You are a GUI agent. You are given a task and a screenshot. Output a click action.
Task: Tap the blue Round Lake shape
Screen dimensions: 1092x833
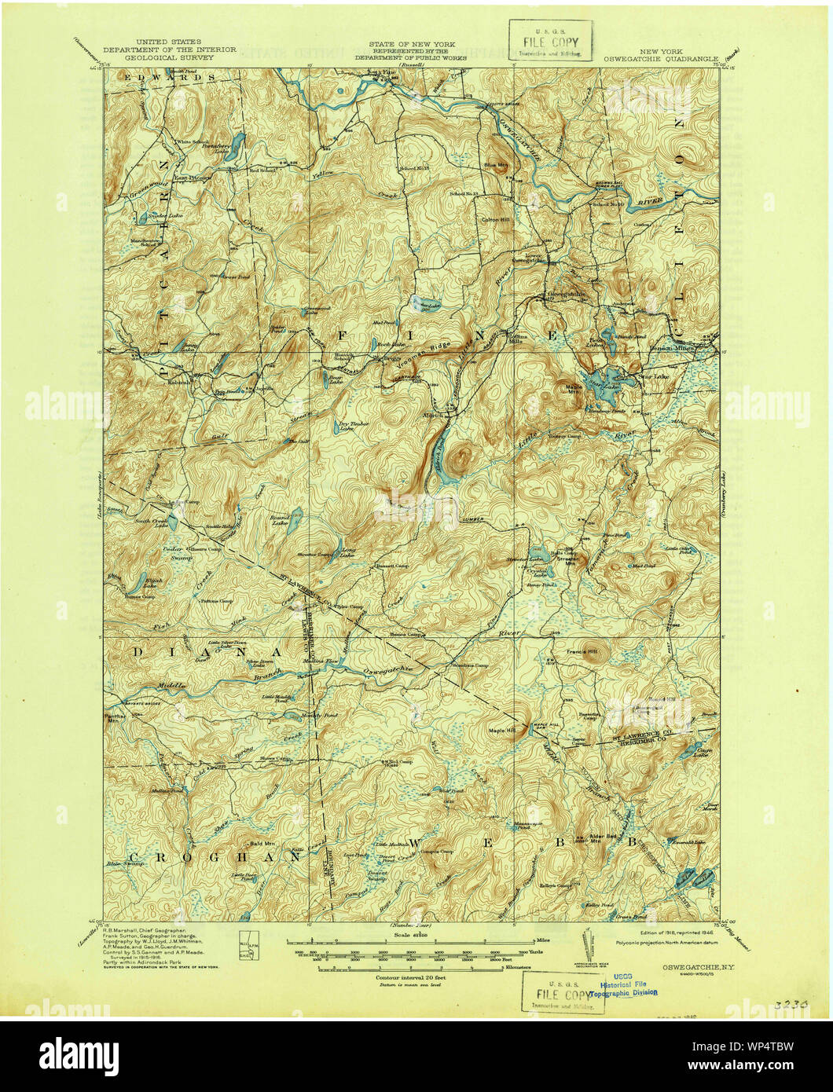(x=295, y=521)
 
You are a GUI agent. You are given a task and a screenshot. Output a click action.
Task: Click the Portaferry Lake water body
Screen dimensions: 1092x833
(x=233, y=146)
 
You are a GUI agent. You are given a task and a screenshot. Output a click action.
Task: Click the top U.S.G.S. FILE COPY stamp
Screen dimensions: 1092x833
(x=549, y=42)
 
